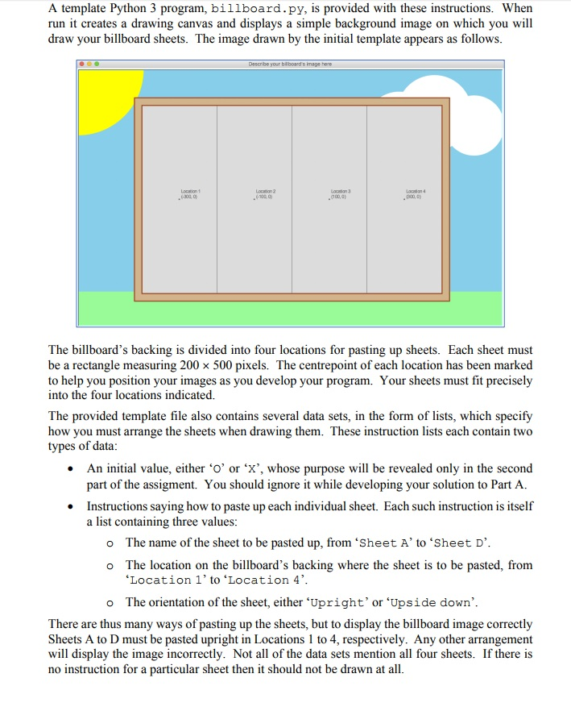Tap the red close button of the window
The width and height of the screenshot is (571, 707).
point(81,64)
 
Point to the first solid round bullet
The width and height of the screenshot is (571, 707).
point(74,469)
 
